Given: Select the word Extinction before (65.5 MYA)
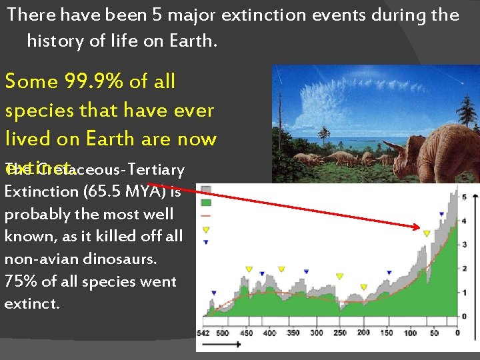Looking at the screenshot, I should tap(41, 191).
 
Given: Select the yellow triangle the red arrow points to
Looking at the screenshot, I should tap(427, 233).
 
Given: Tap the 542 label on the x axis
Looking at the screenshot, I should tap(203, 333).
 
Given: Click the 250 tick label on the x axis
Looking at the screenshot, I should tap(339, 333).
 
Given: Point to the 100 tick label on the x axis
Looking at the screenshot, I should tap(410, 333).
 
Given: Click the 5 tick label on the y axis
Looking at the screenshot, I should tap(464, 197).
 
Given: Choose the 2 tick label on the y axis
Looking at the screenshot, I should tap(464, 269).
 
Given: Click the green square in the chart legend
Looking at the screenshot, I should tap(206, 201).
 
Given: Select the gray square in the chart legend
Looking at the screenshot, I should tap(206, 189).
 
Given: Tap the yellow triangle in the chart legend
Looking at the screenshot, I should tap(206, 229).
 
